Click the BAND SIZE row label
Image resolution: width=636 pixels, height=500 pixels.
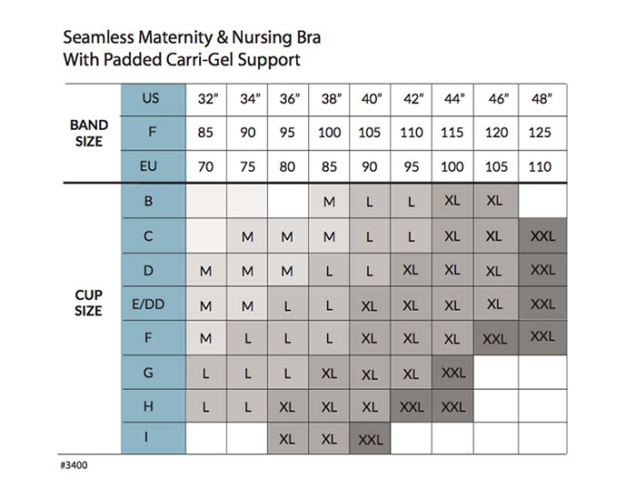(x=89, y=132)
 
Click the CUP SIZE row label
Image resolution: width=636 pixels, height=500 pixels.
(x=89, y=303)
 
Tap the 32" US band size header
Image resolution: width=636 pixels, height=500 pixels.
(x=205, y=98)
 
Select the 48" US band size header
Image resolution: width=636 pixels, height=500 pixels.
(x=541, y=98)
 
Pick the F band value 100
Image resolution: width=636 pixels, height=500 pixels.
(x=330, y=133)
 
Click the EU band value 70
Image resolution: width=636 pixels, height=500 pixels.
(x=205, y=167)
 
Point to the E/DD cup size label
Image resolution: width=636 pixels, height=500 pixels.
(x=148, y=304)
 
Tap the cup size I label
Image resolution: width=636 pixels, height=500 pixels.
(x=148, y=438)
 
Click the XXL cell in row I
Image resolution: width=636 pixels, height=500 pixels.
(x=371, y=439)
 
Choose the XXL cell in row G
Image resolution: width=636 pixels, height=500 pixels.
(x=452, y=372)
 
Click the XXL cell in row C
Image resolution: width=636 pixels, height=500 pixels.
(x=542, y=236)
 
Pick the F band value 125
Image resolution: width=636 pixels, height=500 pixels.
(x=541, y=133)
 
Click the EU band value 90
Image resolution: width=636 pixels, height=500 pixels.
(x=371, y=167)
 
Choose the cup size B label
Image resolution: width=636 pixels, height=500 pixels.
(x=148, y=202)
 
